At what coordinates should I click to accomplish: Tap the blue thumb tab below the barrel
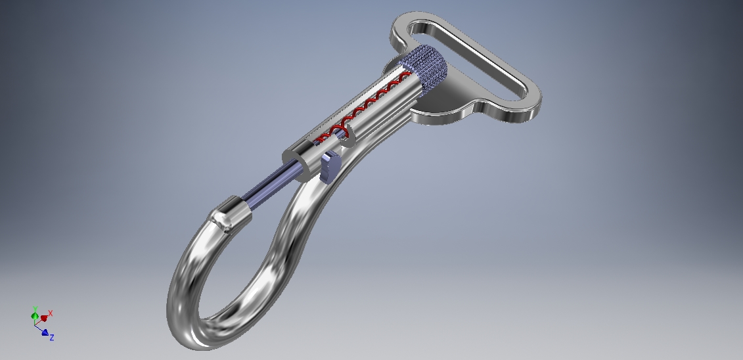click(329, 167)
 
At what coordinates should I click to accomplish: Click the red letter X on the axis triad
click(50, 314)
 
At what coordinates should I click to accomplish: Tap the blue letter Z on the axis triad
click(51, 338)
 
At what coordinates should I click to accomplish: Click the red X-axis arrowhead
click(44, 318)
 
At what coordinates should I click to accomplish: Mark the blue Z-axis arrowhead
click(45, 332)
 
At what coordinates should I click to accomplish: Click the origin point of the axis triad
click(35, 321)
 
